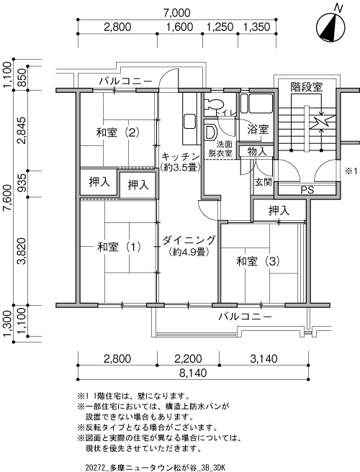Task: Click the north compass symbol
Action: [330, 27]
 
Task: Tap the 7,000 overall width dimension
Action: [176, 13]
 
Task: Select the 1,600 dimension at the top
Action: [180, 27]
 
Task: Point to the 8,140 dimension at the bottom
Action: [193, 373]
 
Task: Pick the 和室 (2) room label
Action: [117, 132]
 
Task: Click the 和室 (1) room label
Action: [119, 247]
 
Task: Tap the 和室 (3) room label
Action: [258, 261]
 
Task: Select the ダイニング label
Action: [189, 240]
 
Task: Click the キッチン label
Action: [181, 157]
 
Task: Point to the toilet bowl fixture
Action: [214, 104]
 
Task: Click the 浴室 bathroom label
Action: [258, 129]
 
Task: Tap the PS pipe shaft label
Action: [307, 190]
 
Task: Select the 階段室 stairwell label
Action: [307, 87]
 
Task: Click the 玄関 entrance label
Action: [264, 182]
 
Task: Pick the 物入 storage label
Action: [257, 151]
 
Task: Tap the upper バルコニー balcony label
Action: [125, 81]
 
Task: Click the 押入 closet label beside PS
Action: [279, 211]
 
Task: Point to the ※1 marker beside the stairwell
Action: [351, 171]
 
